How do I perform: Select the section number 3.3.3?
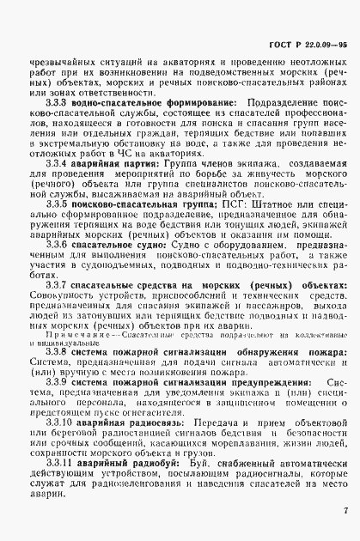click(57, 103)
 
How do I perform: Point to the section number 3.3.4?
click(57, 162)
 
